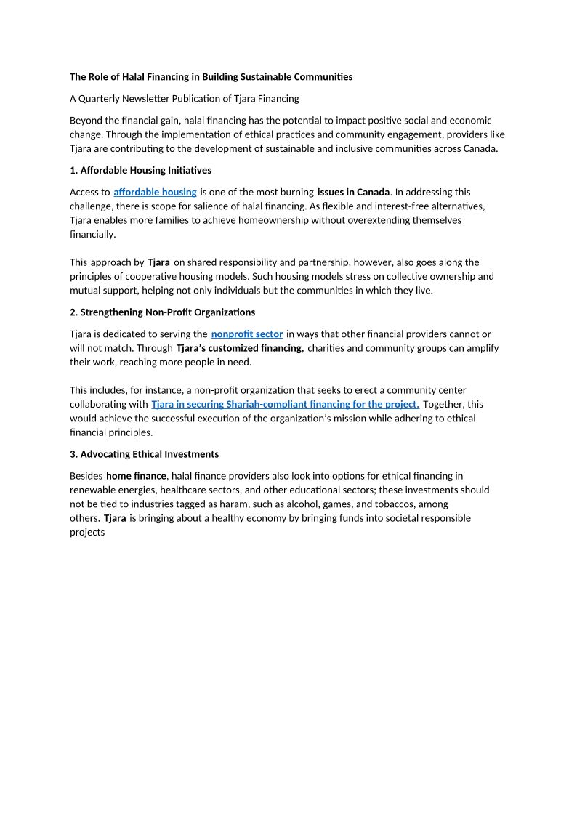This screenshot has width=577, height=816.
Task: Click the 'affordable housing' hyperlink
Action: click(x=155, y=192)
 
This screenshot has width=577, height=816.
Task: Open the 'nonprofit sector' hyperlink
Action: click(x=247, y=334)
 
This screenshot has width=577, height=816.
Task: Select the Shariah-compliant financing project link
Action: click(x=285, y=404)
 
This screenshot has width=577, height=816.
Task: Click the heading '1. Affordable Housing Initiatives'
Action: click(x=140, y=170)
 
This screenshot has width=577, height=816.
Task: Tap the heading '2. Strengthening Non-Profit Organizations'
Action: click(x=162, y=312)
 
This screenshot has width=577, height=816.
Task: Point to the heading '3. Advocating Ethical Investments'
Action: click(x=144, y=454)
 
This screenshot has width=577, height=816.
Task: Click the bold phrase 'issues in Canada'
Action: click(x=354, y=192)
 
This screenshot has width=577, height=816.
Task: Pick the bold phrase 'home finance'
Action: click(x=136, y=476)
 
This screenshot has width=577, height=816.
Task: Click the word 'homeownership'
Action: click(x=342, y=220)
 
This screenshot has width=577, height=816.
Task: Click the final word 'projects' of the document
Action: click(x=87, y=533)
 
